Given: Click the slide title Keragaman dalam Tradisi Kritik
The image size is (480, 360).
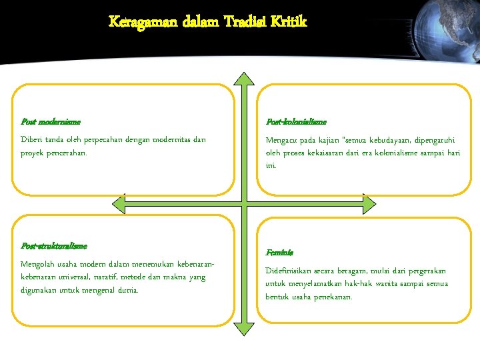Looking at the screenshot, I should pyautogui.click(x=208, y=21).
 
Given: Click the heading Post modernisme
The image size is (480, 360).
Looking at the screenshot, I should pyautogui.click(x=51, y=122).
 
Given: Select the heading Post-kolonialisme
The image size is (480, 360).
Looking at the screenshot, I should pyautogui.click(x=296, y=122).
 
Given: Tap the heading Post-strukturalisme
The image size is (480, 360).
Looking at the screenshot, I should pyautogui.click(x=54, y=246).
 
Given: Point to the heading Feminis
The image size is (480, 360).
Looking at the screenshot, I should pyautogui.click(x=279, y=253).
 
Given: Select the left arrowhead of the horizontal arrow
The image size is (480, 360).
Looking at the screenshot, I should pyautogui.click(x=120, y=202).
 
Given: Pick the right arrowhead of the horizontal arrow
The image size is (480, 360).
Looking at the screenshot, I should pyautogui.click(x=368, y=202).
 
